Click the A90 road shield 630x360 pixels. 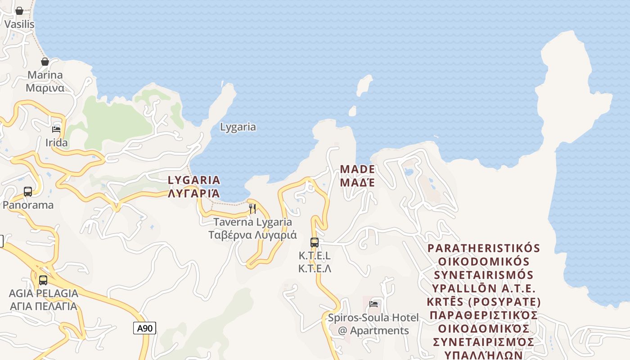(144, 328)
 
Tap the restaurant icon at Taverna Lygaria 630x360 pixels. (252, 208)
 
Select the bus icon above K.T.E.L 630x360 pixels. (315, 243)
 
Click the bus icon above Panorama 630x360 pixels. (28, 192)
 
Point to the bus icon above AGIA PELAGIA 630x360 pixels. (43, 280)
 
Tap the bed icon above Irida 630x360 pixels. (56, 130)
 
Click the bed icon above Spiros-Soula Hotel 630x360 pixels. (373, 304)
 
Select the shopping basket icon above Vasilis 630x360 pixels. (19, 11)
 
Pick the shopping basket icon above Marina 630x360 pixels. (45, 62)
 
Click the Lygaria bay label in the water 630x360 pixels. (238, 127)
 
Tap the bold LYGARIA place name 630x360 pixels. (194, 180)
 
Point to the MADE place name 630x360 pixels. (357, 170)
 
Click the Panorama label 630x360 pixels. (28, 205)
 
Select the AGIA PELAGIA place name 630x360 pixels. (43, 293)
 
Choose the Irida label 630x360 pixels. (57, 143)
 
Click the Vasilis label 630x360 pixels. (19, 24)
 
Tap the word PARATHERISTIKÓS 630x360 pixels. (484, 248)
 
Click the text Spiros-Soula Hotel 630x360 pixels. (373, 318)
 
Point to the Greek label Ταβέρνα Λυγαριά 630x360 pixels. (252, 235)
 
